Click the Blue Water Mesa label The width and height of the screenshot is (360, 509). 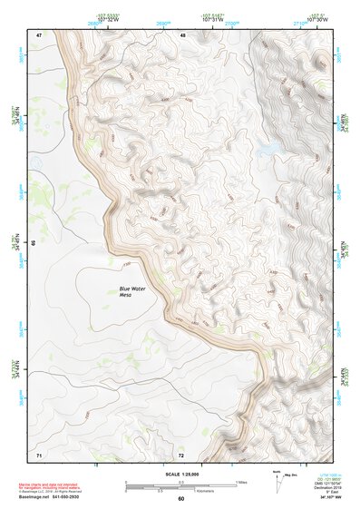[131, 291]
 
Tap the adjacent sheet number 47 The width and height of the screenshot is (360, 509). [39, 34]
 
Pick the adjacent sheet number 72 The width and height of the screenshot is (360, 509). [181, 454]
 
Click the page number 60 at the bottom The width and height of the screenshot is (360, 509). [180, 499]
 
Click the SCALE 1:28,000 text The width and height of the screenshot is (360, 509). [180, 475]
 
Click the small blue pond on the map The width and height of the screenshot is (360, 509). [268, 146]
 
